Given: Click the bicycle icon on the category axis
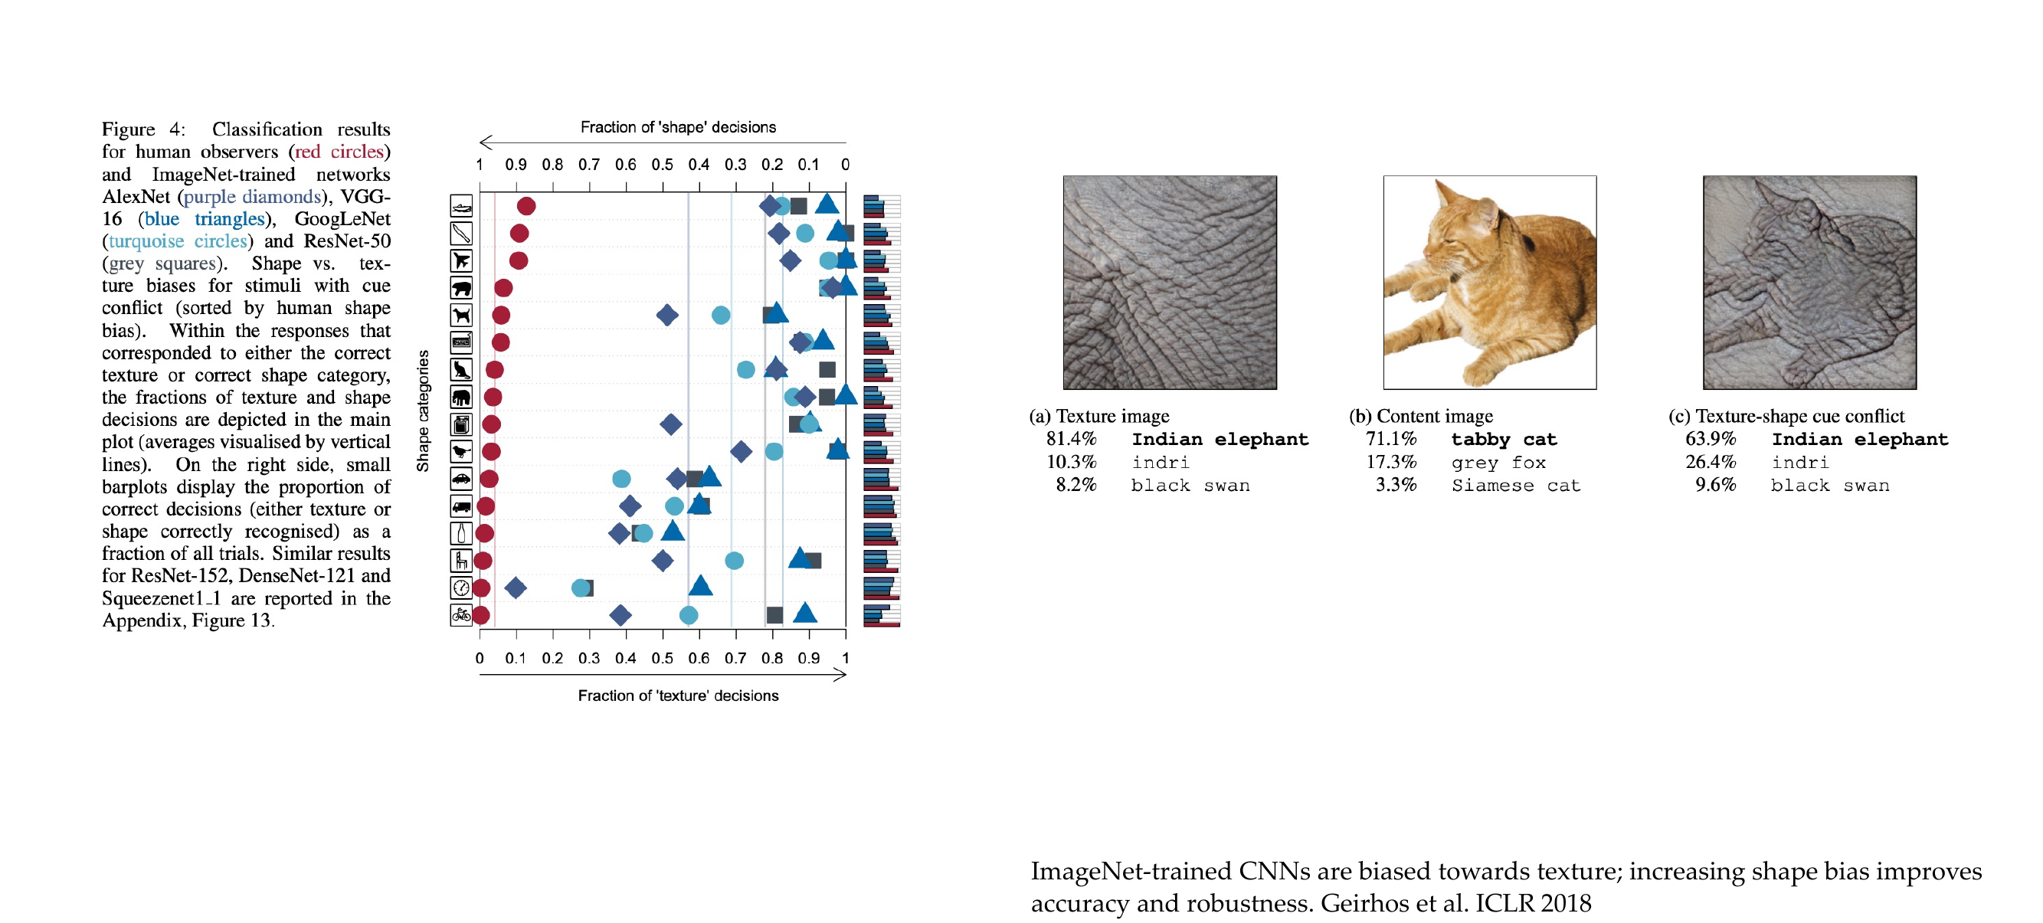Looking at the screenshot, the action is click(461, 614).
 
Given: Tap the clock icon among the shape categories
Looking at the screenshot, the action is click(461, 588).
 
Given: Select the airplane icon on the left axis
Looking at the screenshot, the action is click(461, 260).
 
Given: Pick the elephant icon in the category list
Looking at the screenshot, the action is click(461, 397).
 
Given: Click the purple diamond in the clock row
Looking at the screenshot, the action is click(516, 588).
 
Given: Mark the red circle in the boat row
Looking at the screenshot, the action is click(525, 206).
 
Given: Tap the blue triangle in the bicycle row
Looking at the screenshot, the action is click(805, 612).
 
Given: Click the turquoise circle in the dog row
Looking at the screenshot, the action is click(721, 315).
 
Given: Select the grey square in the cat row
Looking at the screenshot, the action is click(827, 369).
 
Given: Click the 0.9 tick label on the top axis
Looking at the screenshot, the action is click(516, 164).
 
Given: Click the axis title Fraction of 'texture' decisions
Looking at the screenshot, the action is click(678, 696).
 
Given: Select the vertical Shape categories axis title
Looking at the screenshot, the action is click(423, 411).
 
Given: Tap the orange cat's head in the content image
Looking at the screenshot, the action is click(1460, 227).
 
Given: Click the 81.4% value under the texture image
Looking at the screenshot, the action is click(1071, 438).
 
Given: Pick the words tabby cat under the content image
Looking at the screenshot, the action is click(1504, 440).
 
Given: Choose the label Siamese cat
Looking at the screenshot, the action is click(1516, 486).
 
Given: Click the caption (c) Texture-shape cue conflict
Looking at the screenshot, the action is click(1786, 416).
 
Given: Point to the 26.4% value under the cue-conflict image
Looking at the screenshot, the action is click(1711, 461).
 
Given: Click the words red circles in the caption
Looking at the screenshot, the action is click(339, 152).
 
